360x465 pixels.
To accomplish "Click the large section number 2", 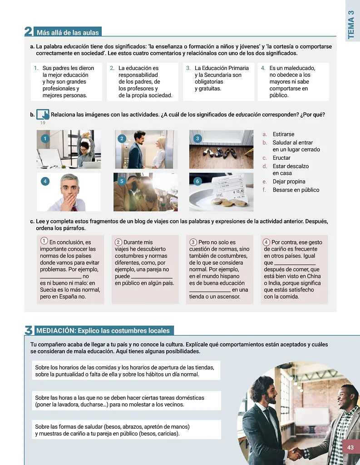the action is coord(29,31).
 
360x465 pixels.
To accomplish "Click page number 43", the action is coord(350,447).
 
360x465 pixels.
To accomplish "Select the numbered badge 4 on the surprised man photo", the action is coord(45,181).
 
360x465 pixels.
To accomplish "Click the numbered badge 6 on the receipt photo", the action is coord(197,181).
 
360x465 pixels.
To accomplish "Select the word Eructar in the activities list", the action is coord(281,158).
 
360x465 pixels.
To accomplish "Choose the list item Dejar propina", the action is coord(289,182).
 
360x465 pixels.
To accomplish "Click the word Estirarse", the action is coord(283,134).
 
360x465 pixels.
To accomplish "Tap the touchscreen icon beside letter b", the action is coord(43,114).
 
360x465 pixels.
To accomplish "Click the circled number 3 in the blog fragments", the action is coord(193,242).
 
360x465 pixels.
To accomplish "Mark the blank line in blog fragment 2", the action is coord(152,278).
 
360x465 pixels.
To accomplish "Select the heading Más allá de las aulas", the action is coord(68,33).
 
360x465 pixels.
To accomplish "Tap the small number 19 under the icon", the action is coord(43,123).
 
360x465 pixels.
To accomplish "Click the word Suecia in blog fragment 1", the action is coord(48,290).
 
